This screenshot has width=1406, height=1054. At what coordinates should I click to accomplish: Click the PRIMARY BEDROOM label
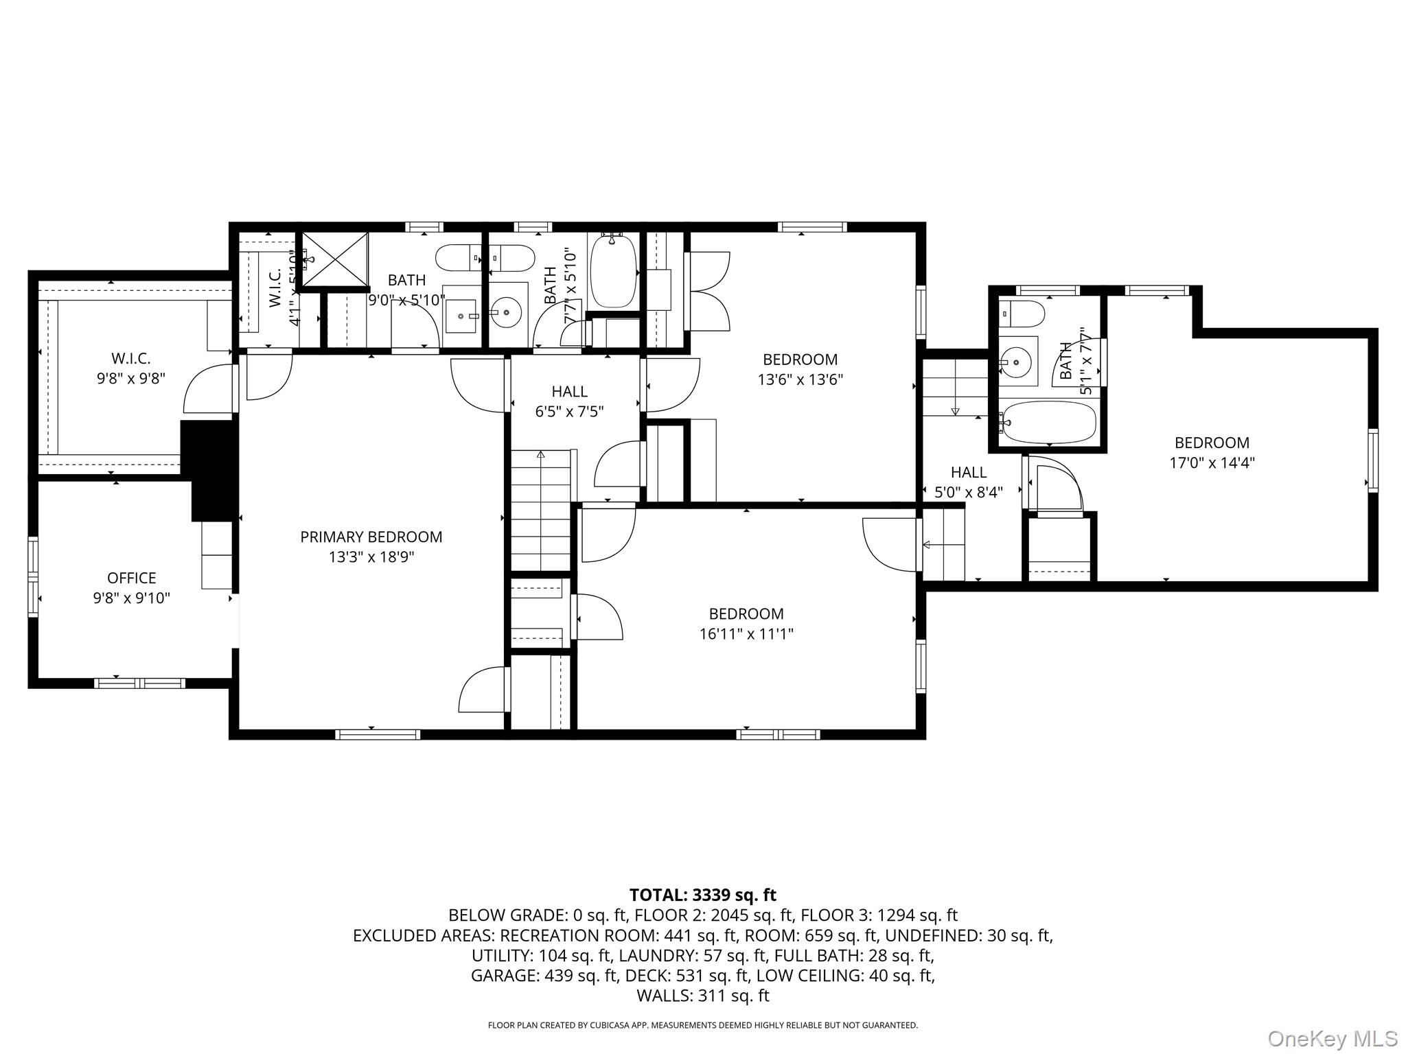(x=371, y=537)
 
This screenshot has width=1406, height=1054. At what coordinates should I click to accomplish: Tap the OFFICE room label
(x=131, y=578)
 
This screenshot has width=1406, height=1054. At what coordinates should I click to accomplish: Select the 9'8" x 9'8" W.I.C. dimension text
(x=130, y=378)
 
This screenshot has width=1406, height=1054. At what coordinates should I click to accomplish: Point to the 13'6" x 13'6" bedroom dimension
(x=800, y=379)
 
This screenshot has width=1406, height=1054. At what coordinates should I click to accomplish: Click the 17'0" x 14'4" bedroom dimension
(x=1212, y=462)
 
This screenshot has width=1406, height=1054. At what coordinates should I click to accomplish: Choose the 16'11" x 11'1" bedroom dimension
(x=746, y=633)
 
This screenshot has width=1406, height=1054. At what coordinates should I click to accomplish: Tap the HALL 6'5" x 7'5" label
(x=569, y=401)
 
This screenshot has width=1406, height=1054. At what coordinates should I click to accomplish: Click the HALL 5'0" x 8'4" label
(x=969, y=482)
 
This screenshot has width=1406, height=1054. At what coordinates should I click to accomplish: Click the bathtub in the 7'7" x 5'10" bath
(x=613, y=272)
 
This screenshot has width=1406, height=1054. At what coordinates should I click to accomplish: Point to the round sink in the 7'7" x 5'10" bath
(x=507, y=313)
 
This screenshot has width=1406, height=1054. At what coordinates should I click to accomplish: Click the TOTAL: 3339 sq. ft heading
(x=702, y=895)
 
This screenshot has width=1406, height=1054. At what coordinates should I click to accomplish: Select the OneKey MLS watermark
(x=1333, y=1038)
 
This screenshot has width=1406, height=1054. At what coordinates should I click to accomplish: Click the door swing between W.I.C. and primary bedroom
(x=208, y=388)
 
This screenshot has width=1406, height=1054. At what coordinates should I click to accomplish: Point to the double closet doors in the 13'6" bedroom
(x=708, y=292)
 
